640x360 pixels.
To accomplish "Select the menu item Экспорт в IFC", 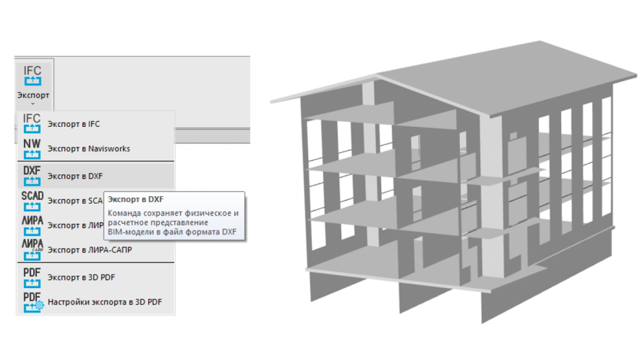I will click(73, 124).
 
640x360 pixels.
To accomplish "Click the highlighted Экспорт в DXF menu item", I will click(75, 176).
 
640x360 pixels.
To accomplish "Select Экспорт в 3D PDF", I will click(81, 277).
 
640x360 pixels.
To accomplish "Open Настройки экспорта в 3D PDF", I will click(104, 302).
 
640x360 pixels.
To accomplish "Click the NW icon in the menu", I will click(32, 149).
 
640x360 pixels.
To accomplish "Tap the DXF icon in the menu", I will click(32, 176).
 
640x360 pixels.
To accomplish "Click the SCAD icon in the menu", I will click(32, 201).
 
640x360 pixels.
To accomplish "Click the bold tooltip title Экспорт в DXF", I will click(135, 199).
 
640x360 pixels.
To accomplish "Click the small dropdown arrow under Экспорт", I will click(32, 104).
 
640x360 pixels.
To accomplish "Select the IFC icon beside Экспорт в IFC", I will click(32, 123).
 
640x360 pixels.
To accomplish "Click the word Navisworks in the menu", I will click(109, 149).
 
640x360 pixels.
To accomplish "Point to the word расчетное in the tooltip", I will click(128, 222).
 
